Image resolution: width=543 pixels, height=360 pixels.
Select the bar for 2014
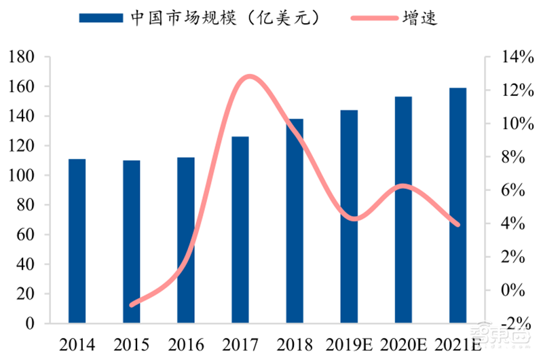[77, 241]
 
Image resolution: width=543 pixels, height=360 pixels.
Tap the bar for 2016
[185, 241]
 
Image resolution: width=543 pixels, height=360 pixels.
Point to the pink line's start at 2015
[131, 305]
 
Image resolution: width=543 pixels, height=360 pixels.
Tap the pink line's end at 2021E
[457, 225]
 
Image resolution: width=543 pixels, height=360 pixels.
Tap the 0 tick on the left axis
[31, 324]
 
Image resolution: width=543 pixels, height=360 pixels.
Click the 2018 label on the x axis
[294, 343]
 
